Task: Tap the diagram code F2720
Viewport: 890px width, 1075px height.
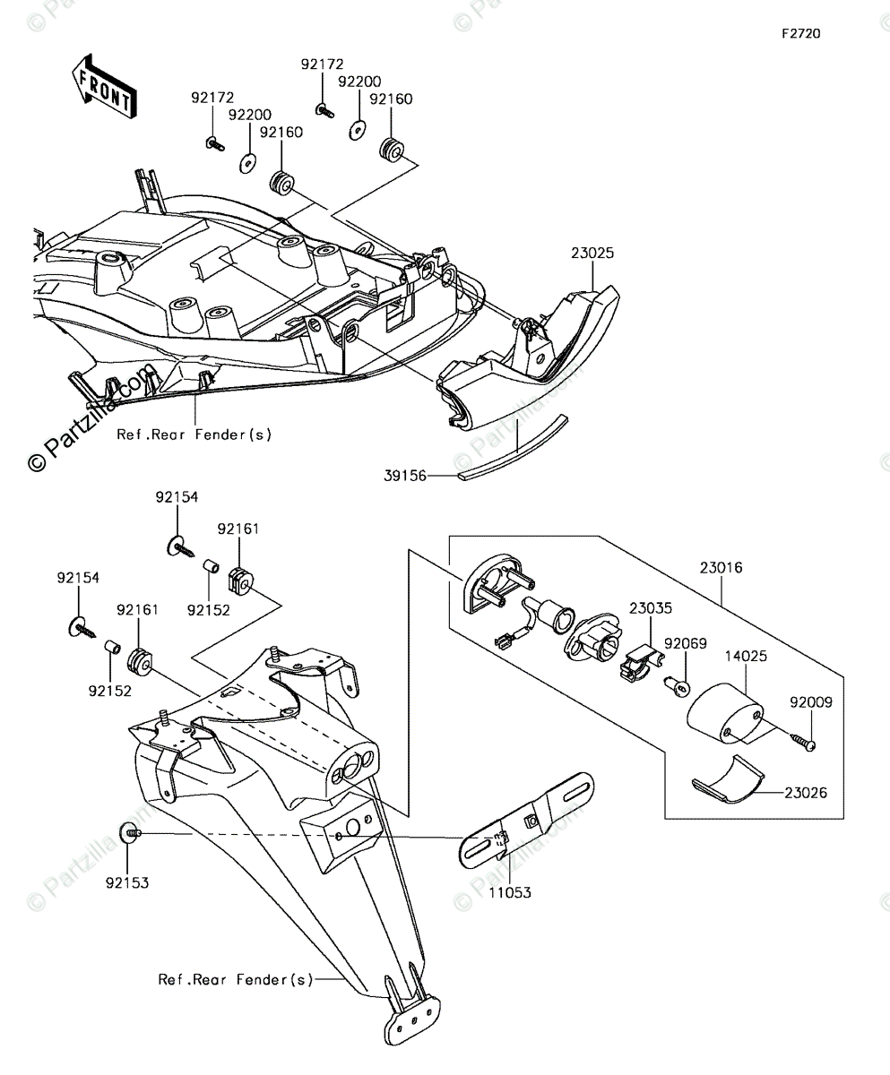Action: (800, 34)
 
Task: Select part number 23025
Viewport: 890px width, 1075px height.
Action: (592, 254)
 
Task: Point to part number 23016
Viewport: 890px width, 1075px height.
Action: (722, 567)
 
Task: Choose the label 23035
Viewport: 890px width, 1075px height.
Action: (650, 607)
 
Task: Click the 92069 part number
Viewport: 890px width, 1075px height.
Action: (686, 643)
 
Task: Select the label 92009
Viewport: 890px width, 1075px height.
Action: (810, 702)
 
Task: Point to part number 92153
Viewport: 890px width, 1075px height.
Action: (126, 882)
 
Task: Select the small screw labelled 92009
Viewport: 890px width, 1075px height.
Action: (803, 741)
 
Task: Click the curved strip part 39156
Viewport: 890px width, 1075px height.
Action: (513, 445)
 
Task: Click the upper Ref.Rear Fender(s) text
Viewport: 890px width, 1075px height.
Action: (194, 434)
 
